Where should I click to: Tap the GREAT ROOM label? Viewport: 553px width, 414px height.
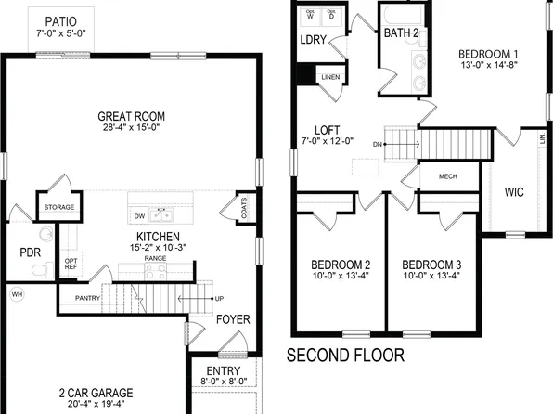tap(131, 117)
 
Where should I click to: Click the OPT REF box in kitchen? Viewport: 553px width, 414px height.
tap(71, 264)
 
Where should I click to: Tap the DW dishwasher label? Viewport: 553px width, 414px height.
tap(139, 215)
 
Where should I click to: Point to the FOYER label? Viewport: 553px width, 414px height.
tap(233, 319)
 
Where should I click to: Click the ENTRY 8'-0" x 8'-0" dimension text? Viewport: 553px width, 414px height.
tap(224, 381)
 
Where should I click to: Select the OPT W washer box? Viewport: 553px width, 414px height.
tap(310, 16)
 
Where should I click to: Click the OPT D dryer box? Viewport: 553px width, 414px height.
tap(332, 16)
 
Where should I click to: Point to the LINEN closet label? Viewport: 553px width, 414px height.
tap(329, 76)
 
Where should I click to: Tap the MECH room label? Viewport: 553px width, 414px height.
tap(447, 175)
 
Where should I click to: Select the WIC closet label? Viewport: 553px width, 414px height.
tap(515, 193)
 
